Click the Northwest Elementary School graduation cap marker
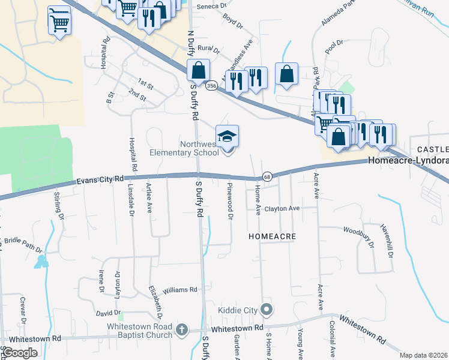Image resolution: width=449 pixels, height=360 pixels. point(228,137)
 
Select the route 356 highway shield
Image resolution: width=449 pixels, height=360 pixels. point(211,86)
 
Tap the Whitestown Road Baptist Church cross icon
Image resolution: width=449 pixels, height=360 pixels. point(181,330)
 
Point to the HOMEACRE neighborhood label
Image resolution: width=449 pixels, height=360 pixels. point(273,237)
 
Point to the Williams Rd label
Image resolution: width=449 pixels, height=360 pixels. point(179,289)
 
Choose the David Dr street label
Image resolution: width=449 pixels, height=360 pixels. point(108,313)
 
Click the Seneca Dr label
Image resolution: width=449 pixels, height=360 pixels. point(214,5)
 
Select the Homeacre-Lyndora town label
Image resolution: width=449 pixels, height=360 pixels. point(408,161)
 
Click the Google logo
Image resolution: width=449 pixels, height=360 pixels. point(20,353)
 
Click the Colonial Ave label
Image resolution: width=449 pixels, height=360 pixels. point(332,337)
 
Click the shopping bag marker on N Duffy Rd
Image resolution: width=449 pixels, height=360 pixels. point(198,71)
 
